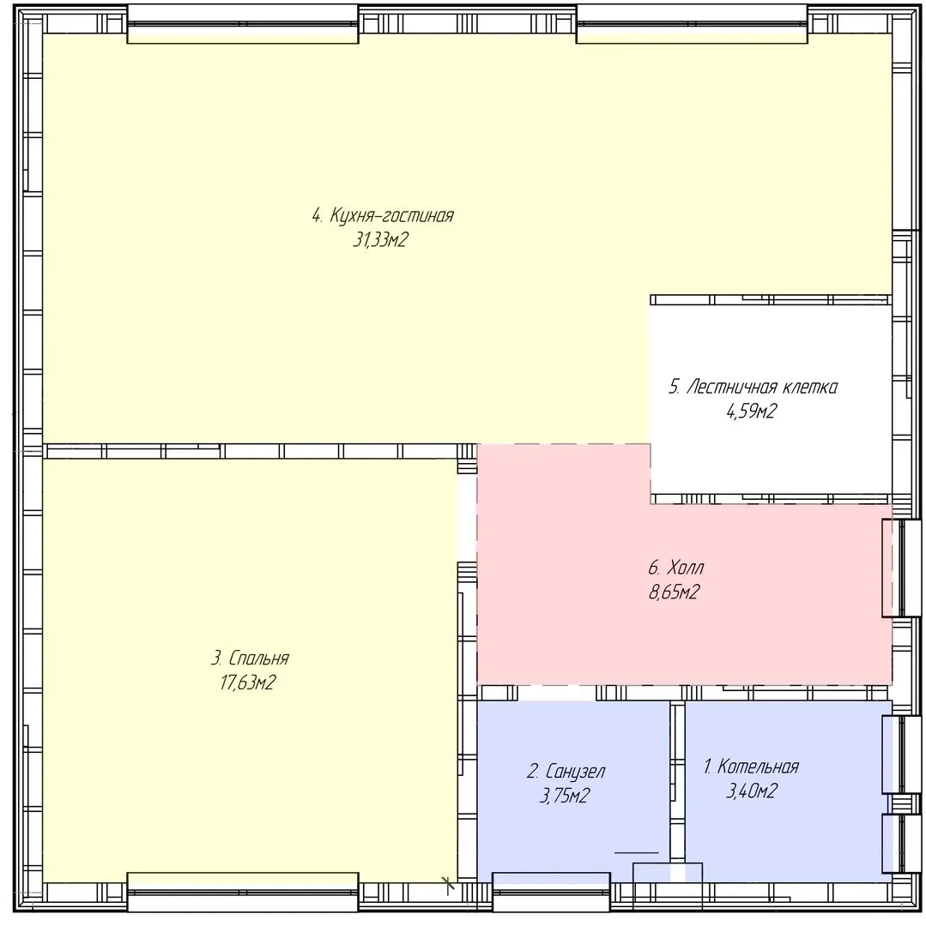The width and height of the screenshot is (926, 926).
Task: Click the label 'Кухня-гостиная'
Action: click(x=391, y=215)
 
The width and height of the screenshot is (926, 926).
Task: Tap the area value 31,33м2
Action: click(x=380, y=240)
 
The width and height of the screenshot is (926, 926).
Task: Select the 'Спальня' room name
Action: click(x=258, y=658)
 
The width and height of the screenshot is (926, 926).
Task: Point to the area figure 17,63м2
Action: click(x=248, y=682)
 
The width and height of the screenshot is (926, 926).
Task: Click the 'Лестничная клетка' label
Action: click(x=762, y=388)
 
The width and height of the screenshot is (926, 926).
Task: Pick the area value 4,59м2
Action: click(x=751, y=411)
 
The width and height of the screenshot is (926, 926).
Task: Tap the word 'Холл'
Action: click(x=685, y=568)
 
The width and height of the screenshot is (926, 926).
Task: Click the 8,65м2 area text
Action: click(x=675, y=592)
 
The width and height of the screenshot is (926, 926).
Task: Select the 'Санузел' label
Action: click(x=575, y=772)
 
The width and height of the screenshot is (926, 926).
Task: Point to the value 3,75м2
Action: click(x=565, y=796)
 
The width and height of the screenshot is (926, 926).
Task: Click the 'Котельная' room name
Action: click(x=758, y=767)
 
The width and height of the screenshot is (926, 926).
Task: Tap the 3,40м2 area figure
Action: click(x=751, y=791)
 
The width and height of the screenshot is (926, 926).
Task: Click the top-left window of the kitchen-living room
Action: click(x=243, y=24)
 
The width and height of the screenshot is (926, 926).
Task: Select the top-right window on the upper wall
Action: click(x=692, y=24)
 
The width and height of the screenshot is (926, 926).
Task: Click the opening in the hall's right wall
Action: click(x=901, y=568)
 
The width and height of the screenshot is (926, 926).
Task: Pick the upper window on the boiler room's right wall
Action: click(x=901, y=755)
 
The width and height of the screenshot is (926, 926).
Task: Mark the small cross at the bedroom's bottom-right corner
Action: click(x=449, y=884)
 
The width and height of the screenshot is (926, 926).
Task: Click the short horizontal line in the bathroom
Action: click(x=637, y=853)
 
